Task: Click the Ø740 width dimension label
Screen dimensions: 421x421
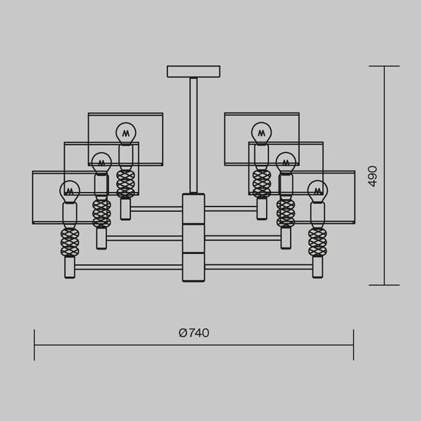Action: pos(194,333)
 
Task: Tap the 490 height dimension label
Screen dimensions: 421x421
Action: pos(372,176)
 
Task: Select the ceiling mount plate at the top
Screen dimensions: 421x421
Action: pos(193,72)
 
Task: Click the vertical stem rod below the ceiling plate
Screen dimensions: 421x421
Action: pos(194,133)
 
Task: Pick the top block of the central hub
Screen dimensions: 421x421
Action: pos(194,209)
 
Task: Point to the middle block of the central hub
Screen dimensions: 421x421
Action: pos(194,239)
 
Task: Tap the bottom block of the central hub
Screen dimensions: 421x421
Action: pos(194,267)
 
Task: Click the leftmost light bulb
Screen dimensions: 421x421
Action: pos(69,191)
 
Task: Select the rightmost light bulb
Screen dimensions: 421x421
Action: pos(318,191)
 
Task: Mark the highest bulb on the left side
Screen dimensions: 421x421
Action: pos(126,133)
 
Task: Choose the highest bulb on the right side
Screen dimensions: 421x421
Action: pos(261,133)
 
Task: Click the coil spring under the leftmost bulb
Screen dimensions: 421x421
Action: pos(69,242)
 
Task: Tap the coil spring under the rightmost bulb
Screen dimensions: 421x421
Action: pos(318,242)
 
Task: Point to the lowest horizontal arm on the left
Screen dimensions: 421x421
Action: pos(129,267)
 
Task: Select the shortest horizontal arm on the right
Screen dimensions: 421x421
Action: pos(230,209)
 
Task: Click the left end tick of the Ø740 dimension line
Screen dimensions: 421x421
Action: pos(35,345)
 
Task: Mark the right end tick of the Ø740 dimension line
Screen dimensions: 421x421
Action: pos(353,345)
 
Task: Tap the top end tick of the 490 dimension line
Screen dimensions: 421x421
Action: pos(384,66)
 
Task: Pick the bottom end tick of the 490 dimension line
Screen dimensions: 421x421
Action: pos(384,285)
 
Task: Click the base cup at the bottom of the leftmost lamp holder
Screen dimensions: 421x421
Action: pos(69,267)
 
